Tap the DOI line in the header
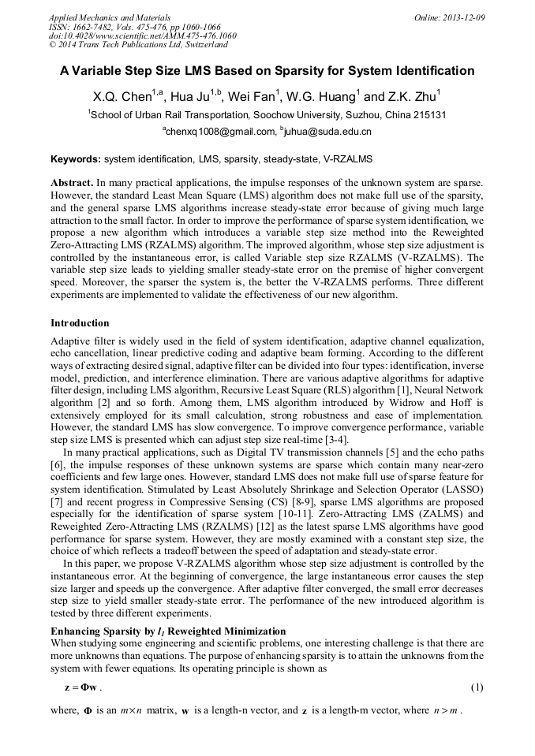coord(142,35)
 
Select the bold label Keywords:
coord(76,158)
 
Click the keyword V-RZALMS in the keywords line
coord(348,158)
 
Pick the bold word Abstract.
coord(72,182)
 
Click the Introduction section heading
coord(80,323)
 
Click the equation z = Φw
coord(82,687)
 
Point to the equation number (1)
coord(477,687)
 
